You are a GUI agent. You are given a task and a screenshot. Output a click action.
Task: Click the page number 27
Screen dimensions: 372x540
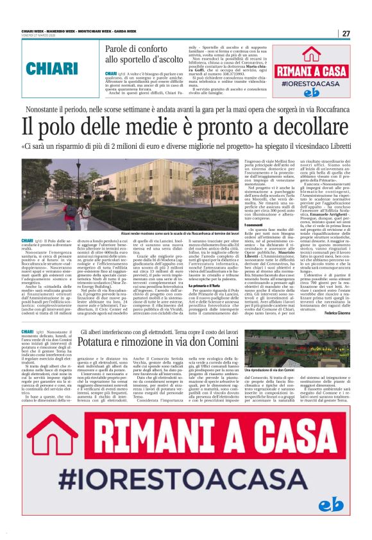tap(346, 33)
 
